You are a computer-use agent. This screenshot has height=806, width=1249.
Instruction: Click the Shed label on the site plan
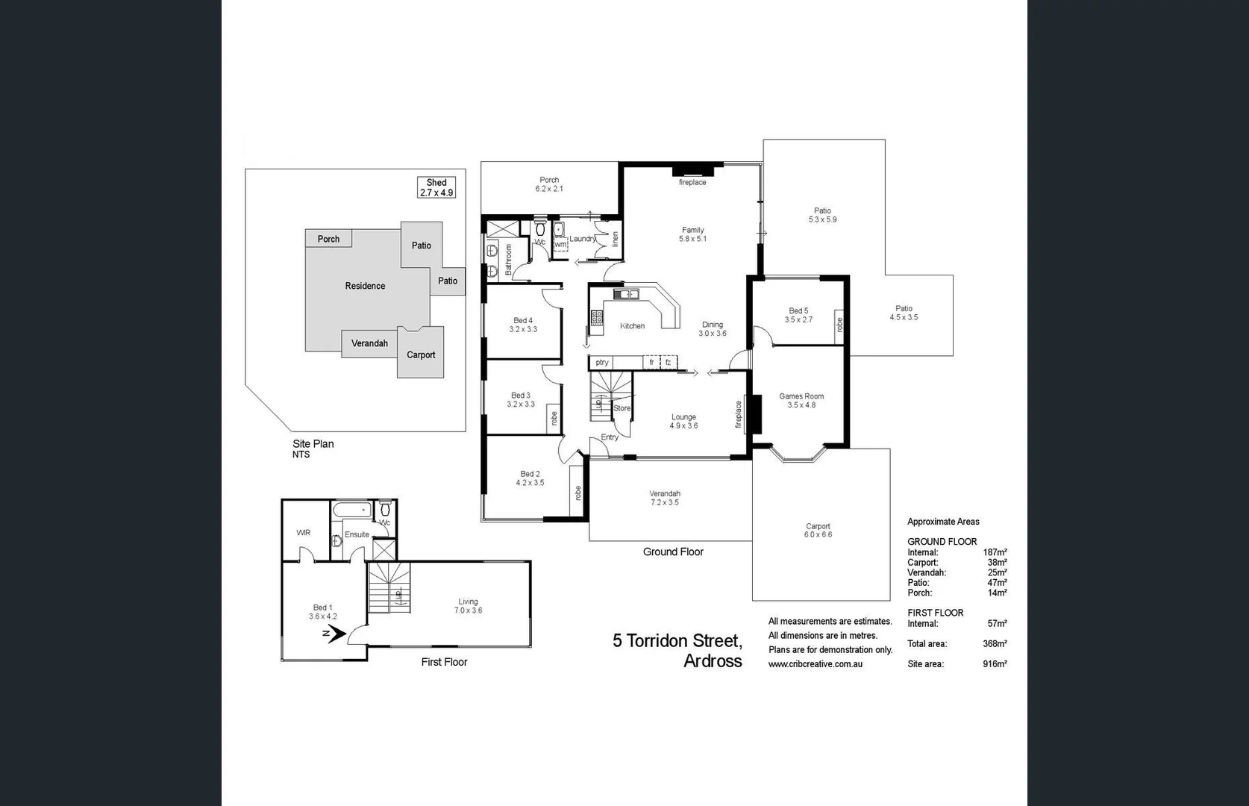(436, 183)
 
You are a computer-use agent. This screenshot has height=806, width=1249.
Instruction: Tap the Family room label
(692, 231)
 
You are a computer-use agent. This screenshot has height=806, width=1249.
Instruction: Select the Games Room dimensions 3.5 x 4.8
(801, 405)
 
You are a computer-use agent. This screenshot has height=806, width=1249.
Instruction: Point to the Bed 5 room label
(798, 311)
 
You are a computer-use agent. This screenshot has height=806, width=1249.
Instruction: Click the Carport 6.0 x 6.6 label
(818, 531)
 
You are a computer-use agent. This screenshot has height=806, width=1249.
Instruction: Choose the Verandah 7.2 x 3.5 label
(664, 498)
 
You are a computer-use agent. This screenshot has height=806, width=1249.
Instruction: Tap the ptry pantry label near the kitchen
(602, 363)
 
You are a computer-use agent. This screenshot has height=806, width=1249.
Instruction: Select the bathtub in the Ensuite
(351, 511)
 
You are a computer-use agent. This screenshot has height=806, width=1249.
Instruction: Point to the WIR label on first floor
(304, 533)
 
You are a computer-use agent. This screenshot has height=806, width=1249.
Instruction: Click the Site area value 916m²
(995, 664)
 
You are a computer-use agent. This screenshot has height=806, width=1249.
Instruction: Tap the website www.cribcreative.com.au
(816, 664)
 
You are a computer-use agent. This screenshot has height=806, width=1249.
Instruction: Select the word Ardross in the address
(713, 661)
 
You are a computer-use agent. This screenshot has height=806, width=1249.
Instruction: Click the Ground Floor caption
(673, 552)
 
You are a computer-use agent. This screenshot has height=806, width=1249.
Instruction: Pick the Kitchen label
(632, 326)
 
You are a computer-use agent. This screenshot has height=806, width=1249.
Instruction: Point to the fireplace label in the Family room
(692, 183)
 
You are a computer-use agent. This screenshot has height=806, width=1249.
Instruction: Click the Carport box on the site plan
(421, 354)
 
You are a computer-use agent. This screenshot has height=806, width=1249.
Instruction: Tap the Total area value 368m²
(995, 644)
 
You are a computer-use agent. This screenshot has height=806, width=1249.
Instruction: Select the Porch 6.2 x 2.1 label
(549, 184)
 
